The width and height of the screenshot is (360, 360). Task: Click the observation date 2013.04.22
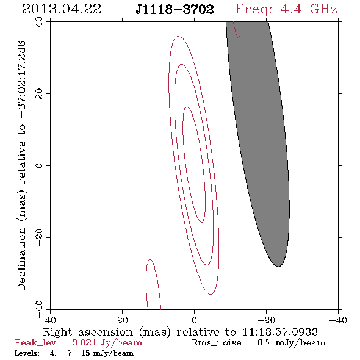click(62, 9)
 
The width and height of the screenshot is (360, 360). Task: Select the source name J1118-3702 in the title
click(175, 10)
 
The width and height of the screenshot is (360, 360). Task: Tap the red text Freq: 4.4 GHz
click(286, 9)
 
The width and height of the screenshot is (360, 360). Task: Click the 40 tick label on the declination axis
click(39, 22)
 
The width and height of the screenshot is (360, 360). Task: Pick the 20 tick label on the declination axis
click(39, 94)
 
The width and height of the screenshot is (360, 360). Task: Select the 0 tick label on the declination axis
click(39, 165)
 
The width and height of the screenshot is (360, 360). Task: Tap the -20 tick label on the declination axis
click(39, 237)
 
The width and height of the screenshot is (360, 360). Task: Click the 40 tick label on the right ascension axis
click(50, 320)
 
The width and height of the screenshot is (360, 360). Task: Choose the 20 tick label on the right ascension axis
click(122, 320)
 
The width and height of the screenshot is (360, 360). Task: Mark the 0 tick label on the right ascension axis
click(194, 320)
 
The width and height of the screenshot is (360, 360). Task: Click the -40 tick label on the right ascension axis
click(338, 320)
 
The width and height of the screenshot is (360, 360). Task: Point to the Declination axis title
click(21, 165)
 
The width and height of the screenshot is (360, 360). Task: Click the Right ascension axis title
click(181, 332)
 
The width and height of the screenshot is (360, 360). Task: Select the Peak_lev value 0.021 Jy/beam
click(107, 342)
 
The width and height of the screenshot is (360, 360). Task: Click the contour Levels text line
click(74, 353)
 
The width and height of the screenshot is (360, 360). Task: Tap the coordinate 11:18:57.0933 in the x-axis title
click(280, 332)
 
